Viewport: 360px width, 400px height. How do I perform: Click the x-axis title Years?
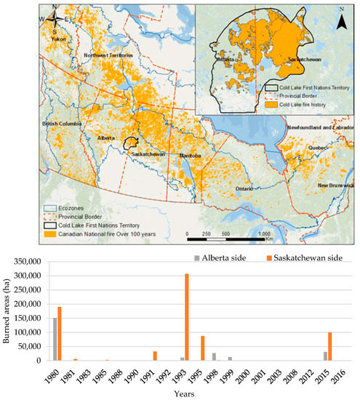point(188,394)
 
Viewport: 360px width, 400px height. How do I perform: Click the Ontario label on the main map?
point(243,188)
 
